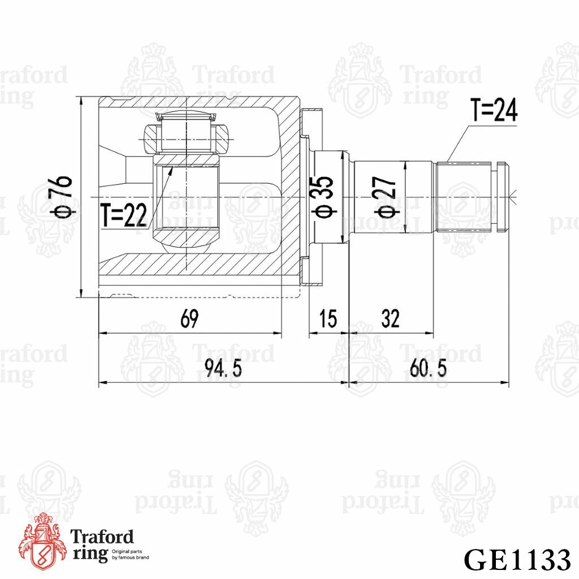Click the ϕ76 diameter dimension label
63,196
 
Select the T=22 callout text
124,215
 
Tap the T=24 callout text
494,110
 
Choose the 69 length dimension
189,319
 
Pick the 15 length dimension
328,319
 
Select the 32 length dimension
390,319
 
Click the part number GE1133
516,559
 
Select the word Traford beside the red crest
102,537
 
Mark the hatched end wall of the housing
291,170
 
